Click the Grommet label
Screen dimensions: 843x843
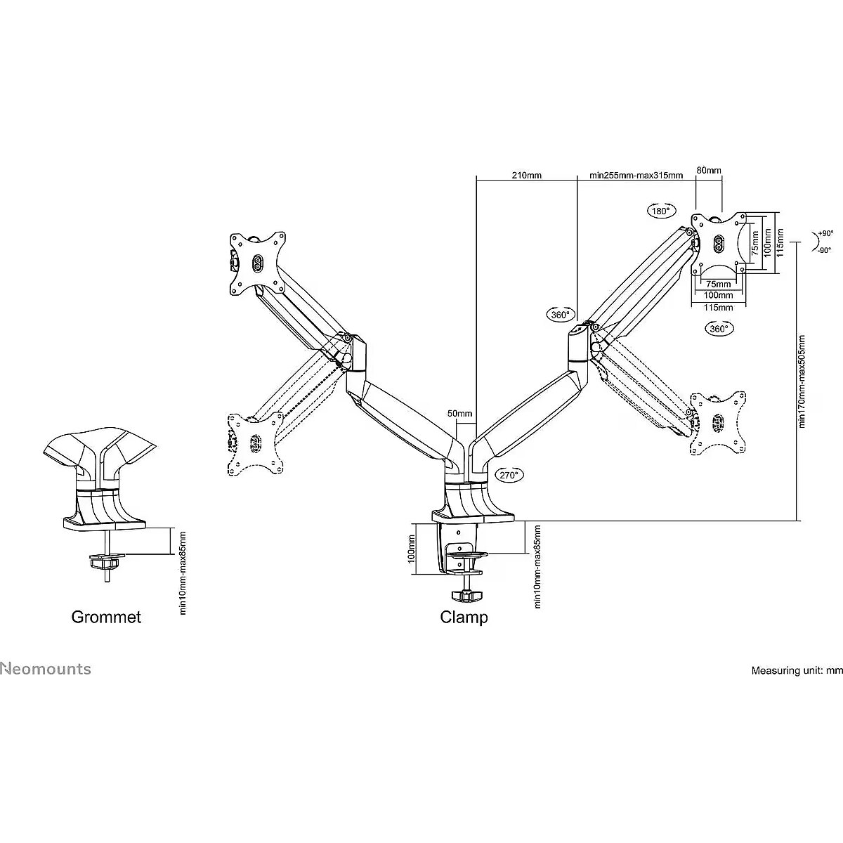106,617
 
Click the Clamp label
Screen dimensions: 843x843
464,617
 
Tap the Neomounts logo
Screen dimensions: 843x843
46,669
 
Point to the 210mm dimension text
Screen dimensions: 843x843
527,176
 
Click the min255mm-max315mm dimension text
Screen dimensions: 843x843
636,176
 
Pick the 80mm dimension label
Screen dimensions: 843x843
709,170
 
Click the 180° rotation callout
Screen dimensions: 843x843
661,211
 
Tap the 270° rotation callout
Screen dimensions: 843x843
509,475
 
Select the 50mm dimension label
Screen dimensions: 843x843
459,413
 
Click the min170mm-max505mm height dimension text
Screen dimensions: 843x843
802,381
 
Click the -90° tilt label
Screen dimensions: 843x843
824,251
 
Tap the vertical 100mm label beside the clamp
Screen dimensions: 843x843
411,549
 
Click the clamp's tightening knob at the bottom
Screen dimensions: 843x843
466,596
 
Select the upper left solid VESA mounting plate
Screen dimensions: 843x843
257,263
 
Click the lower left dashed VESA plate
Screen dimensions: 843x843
256,443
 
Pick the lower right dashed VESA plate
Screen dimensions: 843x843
718,423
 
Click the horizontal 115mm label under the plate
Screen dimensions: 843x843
719,308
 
